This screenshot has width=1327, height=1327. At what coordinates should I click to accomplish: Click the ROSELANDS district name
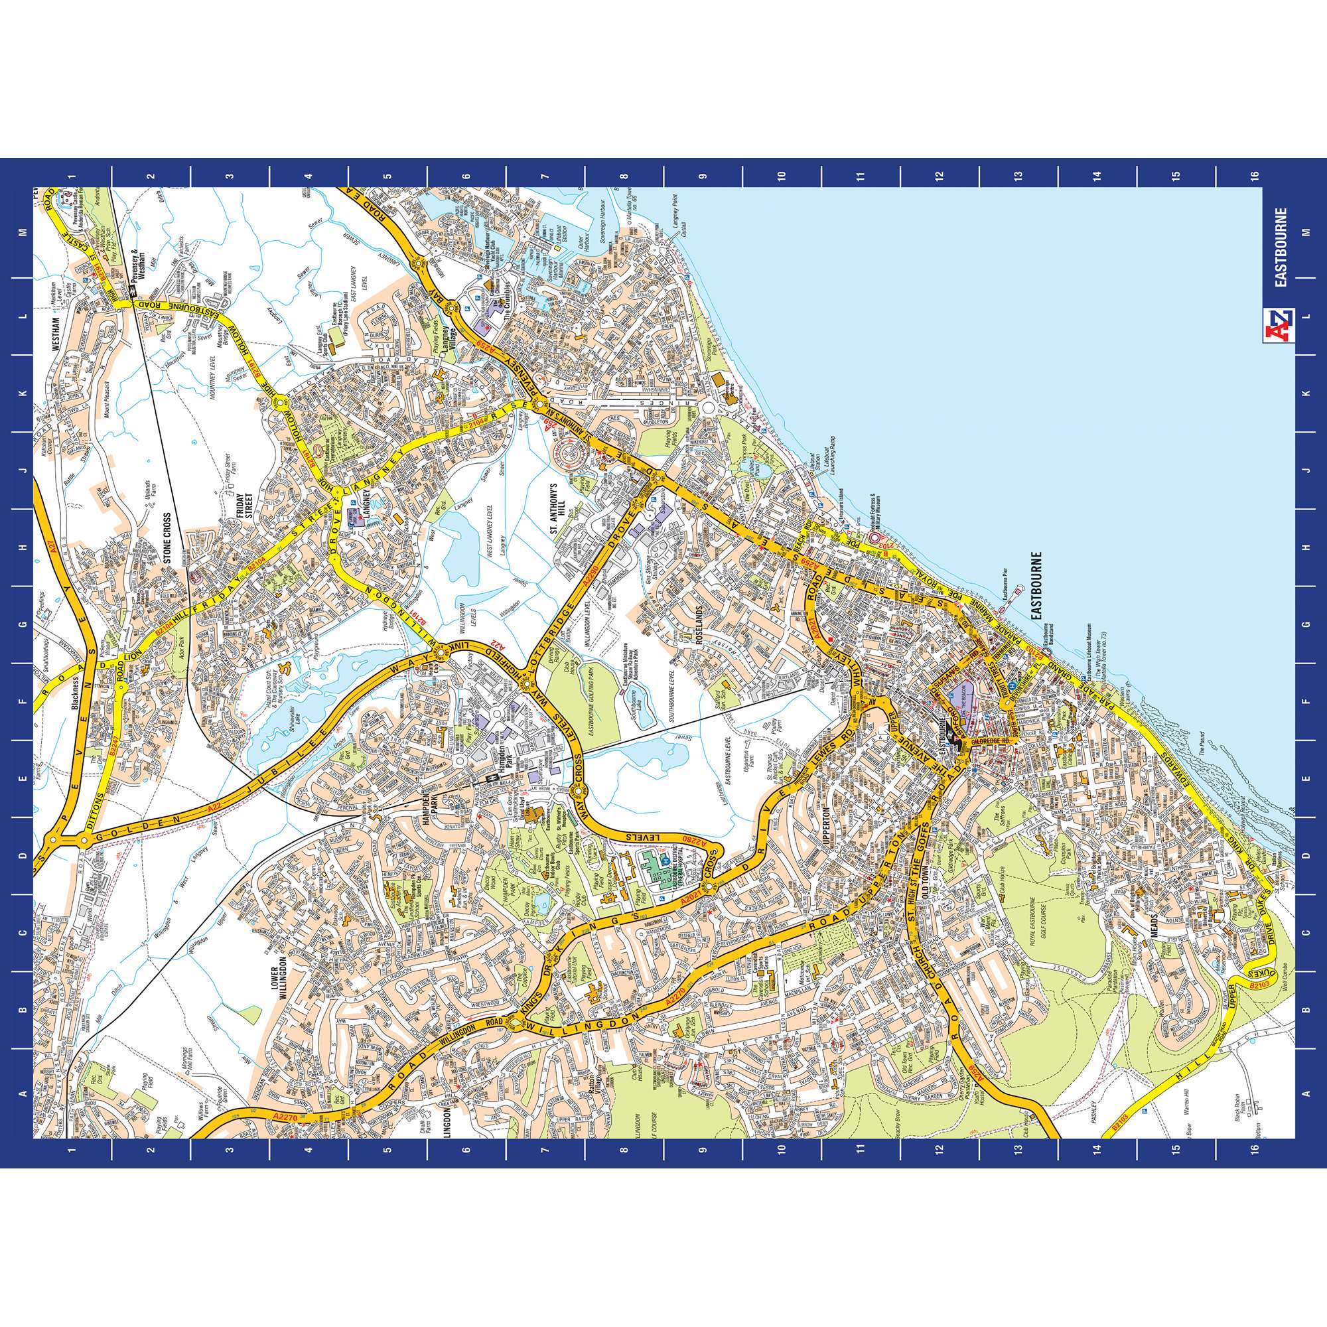(701, 622)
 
